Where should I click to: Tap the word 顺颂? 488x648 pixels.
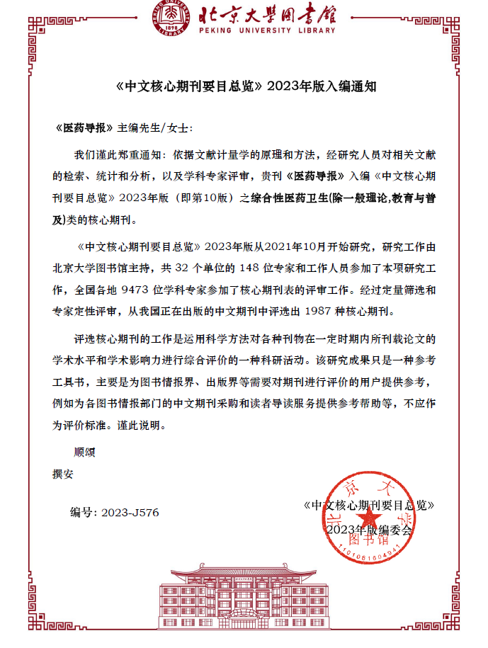click(x=84, y=452)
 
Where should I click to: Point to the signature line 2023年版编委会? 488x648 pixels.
click(x=368, y=530)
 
